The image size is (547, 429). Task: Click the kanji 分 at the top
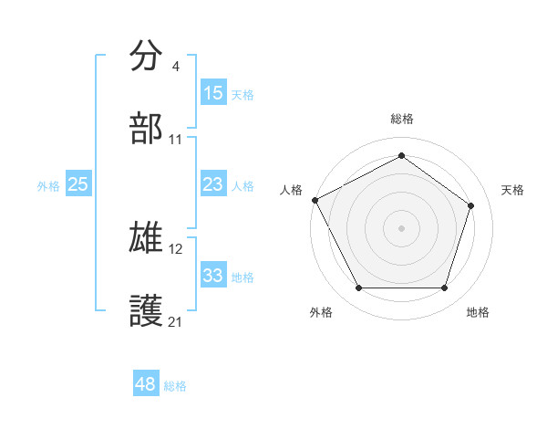click(147, 57)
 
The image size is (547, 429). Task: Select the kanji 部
click(147, 129)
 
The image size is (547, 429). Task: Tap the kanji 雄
click(147, 239)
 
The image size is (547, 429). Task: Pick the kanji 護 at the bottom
click(147, 310)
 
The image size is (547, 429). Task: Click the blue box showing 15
click(213, 92)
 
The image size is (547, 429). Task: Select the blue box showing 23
click(213, 184)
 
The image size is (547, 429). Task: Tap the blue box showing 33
click(213, 276)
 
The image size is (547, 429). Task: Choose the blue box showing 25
click(78, 184)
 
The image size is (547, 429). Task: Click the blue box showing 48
click(146, 384)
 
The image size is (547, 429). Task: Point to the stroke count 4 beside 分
click(176, 67)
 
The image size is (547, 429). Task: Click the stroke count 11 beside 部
click(176, 140)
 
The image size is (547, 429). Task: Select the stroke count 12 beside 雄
click(176, 249)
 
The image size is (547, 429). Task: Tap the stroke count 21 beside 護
click(176, 321)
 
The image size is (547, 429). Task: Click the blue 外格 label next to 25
click(48, 185)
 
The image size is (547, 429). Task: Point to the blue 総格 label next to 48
click(175, 386)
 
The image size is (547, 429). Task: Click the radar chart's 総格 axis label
click(402, 119)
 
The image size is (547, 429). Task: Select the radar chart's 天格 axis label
click(513, 190)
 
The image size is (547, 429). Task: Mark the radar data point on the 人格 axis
click(315, 199)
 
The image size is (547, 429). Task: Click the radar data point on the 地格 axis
click(444, 288)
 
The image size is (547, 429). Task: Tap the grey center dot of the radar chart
click(401, 227)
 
